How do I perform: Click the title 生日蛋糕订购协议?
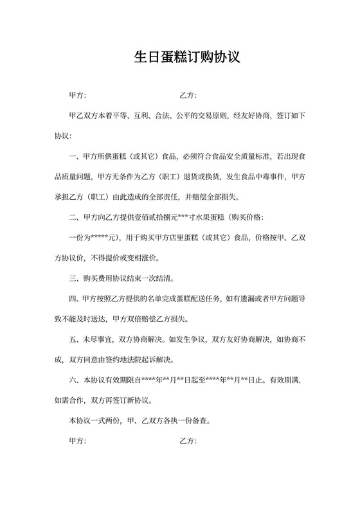(x=186, y=57)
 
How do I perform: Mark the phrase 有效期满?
(x=278, y=380)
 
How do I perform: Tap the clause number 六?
(x=73, y=380)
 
